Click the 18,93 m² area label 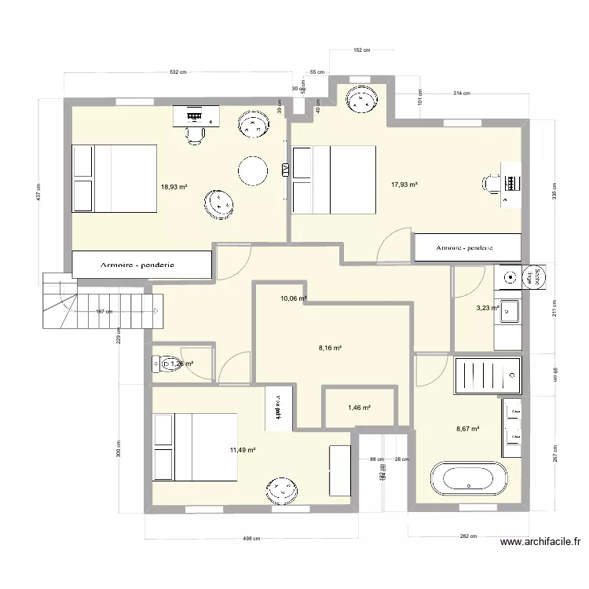pyautogui.click(x=174, y=187)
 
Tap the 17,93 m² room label pyautogui.click(x=404, y=185)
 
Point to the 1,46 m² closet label pyautogui.click(x=358, y=408)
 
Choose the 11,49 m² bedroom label pyautogui.click(x=243, y=450)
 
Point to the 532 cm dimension pyautogui.click(x=178, y=72)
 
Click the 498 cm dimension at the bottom pyautogui.click(x=251, y=539)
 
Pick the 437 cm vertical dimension pyautogui.click(x=37, y=192)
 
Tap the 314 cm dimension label pyautogui.click(x=461, y=93)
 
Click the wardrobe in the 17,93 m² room pyautogui.click(x=466, y=247)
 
